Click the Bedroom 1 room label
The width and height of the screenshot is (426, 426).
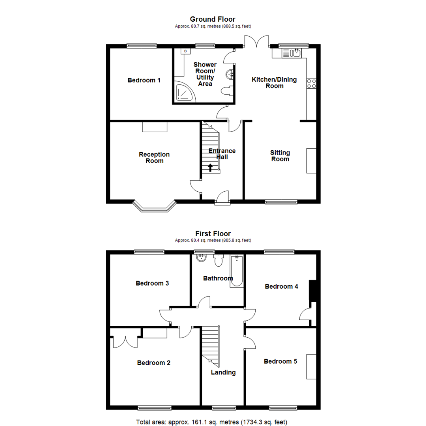(x=144, y=80)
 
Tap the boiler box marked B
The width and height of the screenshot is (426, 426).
(x=185, y=51)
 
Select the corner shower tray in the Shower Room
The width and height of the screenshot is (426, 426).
(x=184, y=92)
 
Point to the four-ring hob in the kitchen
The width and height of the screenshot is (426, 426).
(x=312, y=84)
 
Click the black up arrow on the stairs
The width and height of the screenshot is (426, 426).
(x=210, y=168)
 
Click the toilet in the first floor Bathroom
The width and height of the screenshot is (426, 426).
(x=219, y=261)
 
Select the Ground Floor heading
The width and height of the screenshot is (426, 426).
(x=213, y=19)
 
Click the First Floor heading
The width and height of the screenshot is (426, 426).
(x=213, y=234)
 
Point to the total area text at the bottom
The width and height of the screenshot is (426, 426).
(x=213, y=422)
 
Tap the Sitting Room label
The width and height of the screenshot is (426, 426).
(x=280, y=156)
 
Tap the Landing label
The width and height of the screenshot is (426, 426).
(x=223, y=372)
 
